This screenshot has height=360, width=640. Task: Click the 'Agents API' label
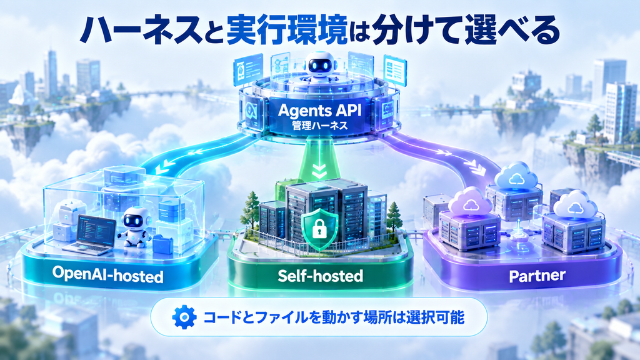[319, 111]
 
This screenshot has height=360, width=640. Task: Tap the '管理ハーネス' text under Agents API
[320, 125]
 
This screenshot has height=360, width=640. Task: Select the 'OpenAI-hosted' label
[107, 275]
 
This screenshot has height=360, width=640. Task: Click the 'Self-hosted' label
[321, 276]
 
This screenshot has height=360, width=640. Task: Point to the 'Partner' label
[537, 276]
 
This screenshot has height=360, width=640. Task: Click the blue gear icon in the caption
[184, 317]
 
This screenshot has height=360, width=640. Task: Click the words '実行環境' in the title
[286, 31]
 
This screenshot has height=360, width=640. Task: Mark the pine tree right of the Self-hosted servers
[394, 215]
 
